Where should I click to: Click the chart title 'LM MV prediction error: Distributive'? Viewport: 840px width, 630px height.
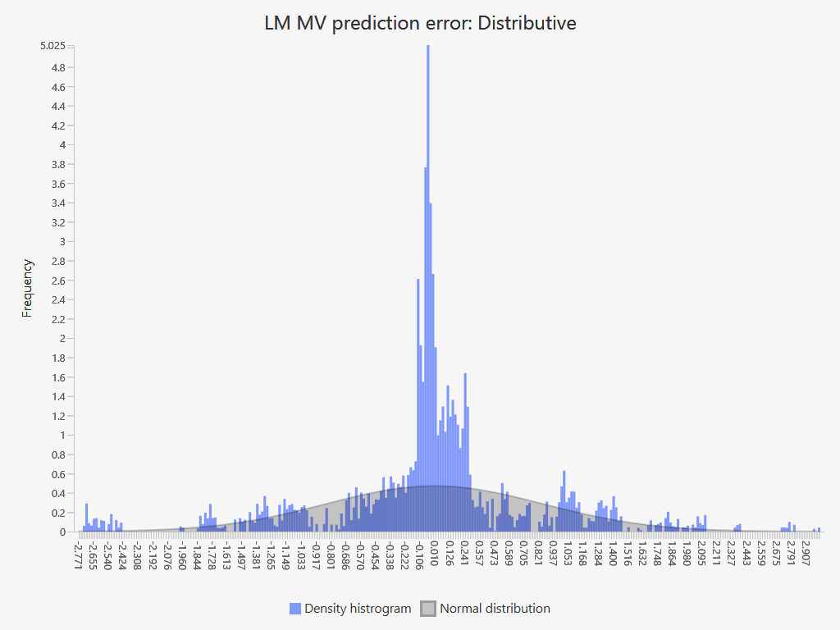[420, 23]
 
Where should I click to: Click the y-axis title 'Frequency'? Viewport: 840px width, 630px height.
[28, 288]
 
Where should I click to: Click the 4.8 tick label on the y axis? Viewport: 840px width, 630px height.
[58, 67]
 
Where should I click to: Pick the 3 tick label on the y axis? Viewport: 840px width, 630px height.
[62, 242]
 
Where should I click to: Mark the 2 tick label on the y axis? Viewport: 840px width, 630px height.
[62, 339]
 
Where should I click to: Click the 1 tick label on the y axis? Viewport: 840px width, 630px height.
[62, 436]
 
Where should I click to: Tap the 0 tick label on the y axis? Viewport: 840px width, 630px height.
[62, 532]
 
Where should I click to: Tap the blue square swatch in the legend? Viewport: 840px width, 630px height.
[295, 609]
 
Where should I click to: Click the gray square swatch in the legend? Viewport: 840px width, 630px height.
[428, 609]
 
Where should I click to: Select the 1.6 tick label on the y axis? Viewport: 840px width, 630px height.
[58, 358]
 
